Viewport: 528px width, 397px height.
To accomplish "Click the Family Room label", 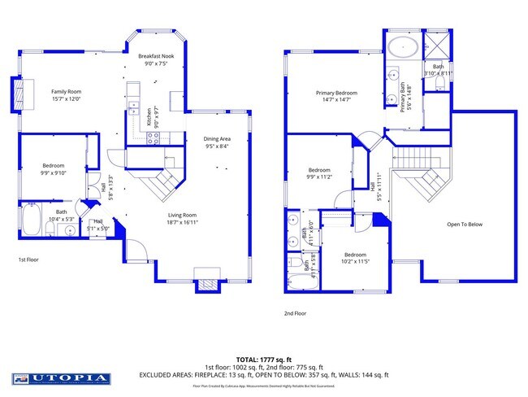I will [67, 92].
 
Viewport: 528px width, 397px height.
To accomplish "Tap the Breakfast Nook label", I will [156, 56].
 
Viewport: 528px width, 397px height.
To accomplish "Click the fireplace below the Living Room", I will [206, 284].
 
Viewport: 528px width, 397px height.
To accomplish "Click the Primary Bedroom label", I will [337, 93].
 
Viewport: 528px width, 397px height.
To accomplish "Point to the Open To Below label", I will [465, 225].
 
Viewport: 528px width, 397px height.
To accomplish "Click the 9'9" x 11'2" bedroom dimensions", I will [318, 177].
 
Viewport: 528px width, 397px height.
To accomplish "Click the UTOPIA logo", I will [61, 378].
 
